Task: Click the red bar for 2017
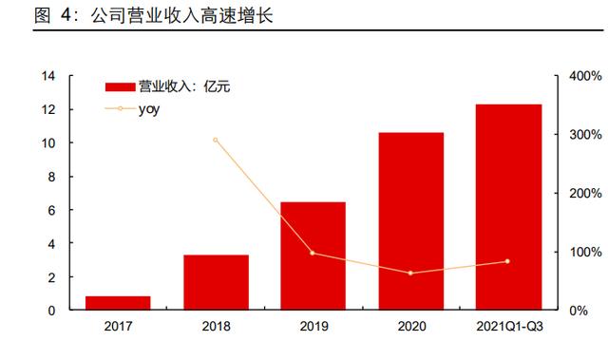[x=118, y=303]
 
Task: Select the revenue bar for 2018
[x=216, y=282]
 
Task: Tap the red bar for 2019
[x=313, y=256]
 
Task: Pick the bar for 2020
[x=411, y=221]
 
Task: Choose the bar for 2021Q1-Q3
[x=509, y=207]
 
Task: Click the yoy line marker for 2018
[x=216, y=140]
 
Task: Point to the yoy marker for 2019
[x=313, y=253]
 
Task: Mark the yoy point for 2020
[x=410, y=274]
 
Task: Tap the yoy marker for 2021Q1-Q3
[x=507, y=261]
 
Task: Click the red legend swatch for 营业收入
[x=121, y=86]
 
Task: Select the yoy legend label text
[x=149, y=109]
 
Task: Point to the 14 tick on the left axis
[x=48, y=76]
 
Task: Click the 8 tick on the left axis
[x=51, y=177]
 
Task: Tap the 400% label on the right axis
[x=585, y=76]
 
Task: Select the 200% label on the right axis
[x=585, y=193]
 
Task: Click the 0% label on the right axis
[x=579, y=311]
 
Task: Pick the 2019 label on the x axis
[x=313, y=327]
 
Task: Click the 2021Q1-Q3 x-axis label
[x=509, y=327]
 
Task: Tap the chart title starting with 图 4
[x=154, y=16]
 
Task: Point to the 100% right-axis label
[x=585, y=252]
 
